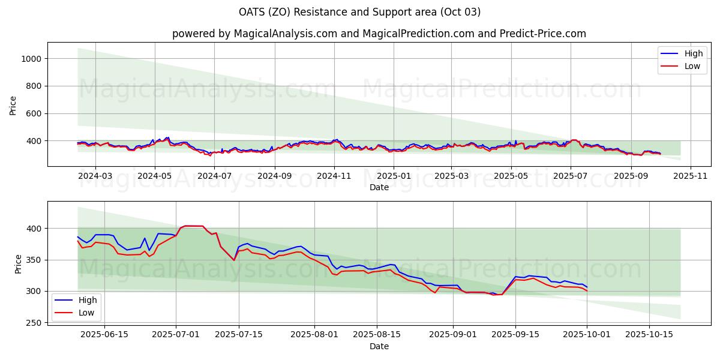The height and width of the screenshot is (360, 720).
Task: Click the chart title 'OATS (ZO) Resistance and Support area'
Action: (x=359, y=12)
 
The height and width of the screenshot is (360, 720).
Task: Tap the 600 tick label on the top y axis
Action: (x=33, y=114)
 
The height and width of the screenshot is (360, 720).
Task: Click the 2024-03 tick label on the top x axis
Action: (x=95, y=176)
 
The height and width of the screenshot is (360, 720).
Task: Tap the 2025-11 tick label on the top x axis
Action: (x=691, y=176)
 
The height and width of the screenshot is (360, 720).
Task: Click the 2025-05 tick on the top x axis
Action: (x=511, y=176)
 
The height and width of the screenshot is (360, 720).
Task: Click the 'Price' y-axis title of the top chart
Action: (x=13, y=105)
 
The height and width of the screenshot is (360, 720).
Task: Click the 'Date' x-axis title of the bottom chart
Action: (x=379, y=346)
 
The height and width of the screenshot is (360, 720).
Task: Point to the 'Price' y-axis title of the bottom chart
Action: (x=18, y=263)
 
